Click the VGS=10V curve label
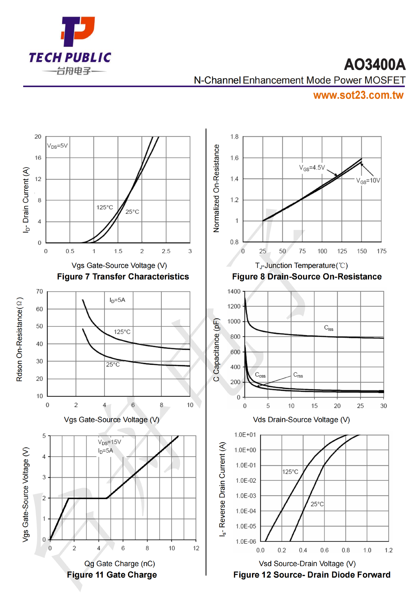pyautogui.click(x=368, y=181)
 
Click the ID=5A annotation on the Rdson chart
pyautogui.click(x=117, y=300)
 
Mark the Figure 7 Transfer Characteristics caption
pyautogui.click(x=123, y=277)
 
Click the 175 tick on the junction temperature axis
pyautogui.click(x=381, y=251)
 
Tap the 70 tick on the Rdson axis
pyautogui.click(x=39, y=292)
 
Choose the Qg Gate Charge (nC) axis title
pyautogui.click(x=120, y=564)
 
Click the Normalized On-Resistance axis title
pyautogui.click(x=216, y=188)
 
